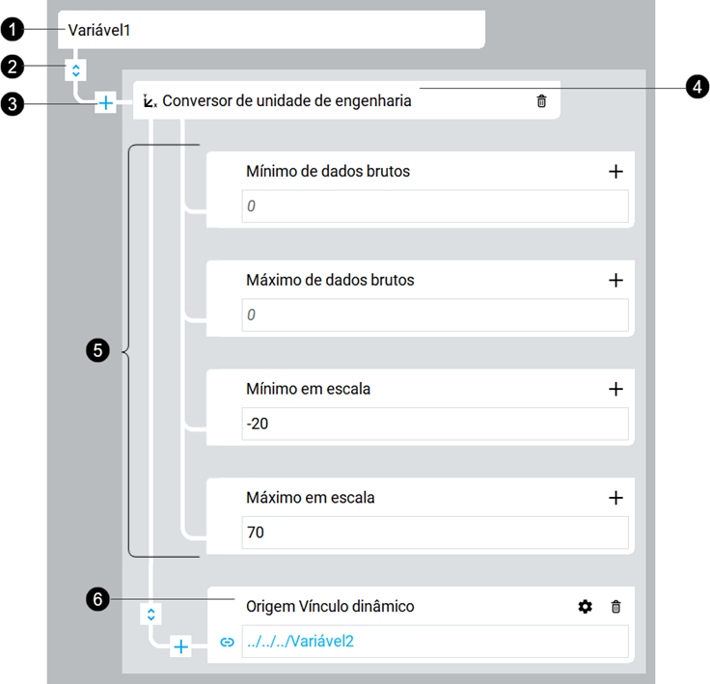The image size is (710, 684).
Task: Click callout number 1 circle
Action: pyautogui.click(x=13, y=30)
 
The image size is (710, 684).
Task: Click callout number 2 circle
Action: pyautogui.click(x=13, y=67)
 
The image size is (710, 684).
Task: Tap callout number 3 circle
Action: pyautogui.click(x=13, y=104)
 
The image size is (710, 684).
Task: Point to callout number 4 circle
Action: pyautogui.click(x=697, y=87)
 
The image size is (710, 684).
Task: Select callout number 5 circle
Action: pyautogui.click(x=97, y=350)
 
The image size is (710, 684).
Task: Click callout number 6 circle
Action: pyautogui.click(x=97, y=599)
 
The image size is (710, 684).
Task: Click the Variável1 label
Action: pyautogui.click(x=99, y=30)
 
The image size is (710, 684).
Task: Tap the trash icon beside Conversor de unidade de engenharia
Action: pyautogui.click(x=541, y=100)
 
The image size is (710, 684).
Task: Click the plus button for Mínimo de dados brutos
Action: pyautogui.click(x=615, y=171)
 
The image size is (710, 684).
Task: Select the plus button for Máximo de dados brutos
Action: pyautogui.click(x=615, y=280)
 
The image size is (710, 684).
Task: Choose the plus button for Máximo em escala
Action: pyautogui.click(x=615, y=498)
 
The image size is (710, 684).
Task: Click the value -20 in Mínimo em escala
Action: pyautogui.click(x=258, y=424)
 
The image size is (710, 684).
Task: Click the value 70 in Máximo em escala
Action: pyautogui.click(x=256, y=533)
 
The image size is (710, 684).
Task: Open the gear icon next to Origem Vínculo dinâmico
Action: pyautogui.click(x=585, y=607)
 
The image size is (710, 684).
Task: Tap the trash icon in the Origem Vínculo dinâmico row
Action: pyautogui.click(x=615, y=607)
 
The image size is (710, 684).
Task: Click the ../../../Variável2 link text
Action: pyautogui.click(x=300, y=641)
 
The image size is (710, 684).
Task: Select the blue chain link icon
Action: pyautogui.click(x=228, y=642)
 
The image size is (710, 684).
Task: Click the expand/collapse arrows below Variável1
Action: pyautogui.click(x=76, y=70)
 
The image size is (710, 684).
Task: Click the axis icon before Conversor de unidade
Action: pyautogui.click(x=150, y=101)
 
